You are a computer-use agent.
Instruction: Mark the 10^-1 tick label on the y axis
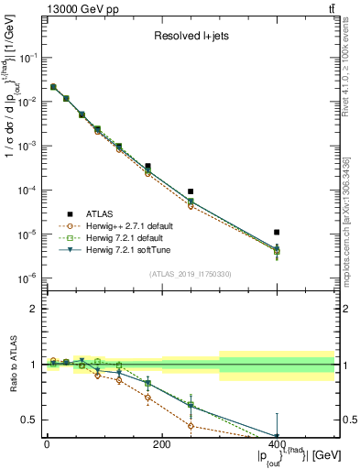click(x=27, y=57)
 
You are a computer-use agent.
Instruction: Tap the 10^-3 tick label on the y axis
click(x=27, y=146)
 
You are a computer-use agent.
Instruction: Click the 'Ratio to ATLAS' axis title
click(x=12, y=365)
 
